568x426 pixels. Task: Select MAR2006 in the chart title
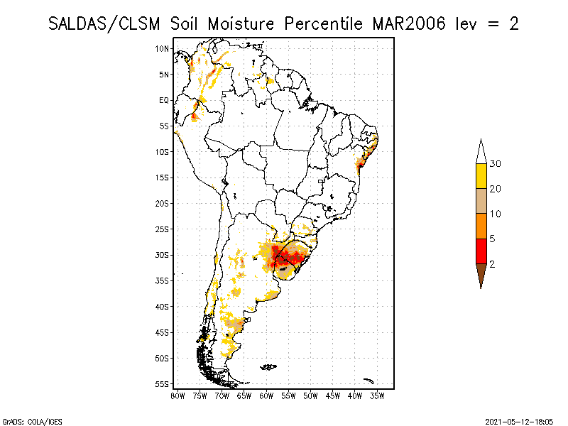click(408, 23)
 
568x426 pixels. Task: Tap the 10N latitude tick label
click(163, 48)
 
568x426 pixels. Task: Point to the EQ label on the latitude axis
click(164, 100)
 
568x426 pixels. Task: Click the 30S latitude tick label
click(163, 255)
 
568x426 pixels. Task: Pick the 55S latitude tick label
click(163, 384)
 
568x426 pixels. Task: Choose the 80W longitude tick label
click(177, 395)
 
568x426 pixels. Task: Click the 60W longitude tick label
click(267, 395)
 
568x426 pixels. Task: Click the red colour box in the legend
click(481, 251)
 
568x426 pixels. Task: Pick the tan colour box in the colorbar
click(481, 201)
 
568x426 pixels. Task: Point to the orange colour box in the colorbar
click(481, 226)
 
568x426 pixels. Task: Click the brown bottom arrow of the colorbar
click(481, 274)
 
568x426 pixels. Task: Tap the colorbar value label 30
click(496, 164)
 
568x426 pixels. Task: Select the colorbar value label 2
click(492, 263)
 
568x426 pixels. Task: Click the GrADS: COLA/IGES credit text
click(23, 420)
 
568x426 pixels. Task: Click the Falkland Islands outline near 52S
click(268, 367)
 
